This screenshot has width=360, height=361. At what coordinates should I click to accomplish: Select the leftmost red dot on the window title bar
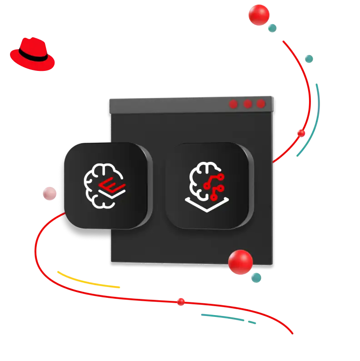click(x=233, y=104)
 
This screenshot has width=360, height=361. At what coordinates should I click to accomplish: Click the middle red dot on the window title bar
click(x=247, y=104)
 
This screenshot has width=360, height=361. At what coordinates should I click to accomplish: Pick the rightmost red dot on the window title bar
click(x=261, y=104)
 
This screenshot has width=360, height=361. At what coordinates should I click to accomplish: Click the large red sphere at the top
click(x=259, y=15)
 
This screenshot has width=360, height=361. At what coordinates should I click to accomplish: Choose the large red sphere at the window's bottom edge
click(x=240, y=262)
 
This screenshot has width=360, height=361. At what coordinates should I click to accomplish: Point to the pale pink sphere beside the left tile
click(x=48, y=194)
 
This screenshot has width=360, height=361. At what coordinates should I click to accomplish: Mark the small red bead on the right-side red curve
click(x=301, y=133)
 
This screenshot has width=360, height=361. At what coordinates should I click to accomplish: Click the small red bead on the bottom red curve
click(x=181, y=301)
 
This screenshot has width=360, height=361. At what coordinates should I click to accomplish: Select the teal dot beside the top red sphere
click(x=273, y=28)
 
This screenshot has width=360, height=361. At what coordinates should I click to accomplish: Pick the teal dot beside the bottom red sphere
click(x=256, y=277)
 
